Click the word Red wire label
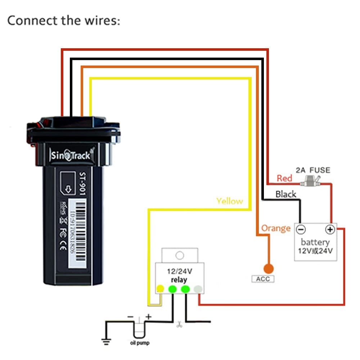click(x=284, y=178)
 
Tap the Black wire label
click(x=285, y=194)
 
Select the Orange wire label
click(x=276, y=228)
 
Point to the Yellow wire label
click(x=229, y=201)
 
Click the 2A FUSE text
click(x=312, y=170)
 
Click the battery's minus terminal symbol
click(x=301, y=229)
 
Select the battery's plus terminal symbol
click(x=330, y=229)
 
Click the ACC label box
click(x=262, y=279)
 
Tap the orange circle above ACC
click(x=268, y=268)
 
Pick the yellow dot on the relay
click(x=160, y=289)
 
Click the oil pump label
click(x=139, y=343)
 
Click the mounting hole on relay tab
click(x=179, y=256)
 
